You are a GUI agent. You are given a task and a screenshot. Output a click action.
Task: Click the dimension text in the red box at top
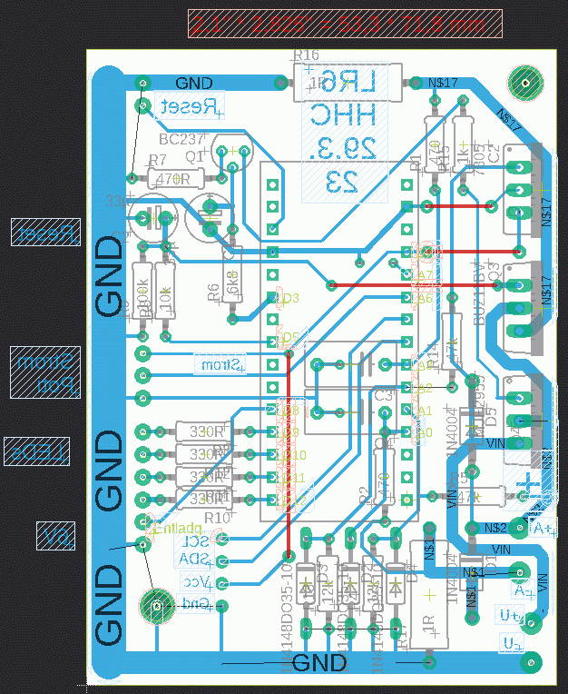point(345,23)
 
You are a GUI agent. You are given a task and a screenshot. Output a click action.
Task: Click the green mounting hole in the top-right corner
point(524,84)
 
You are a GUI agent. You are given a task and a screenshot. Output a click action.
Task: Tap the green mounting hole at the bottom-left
point(157,605)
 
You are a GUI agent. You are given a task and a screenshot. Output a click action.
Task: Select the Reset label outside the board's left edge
point(45,233)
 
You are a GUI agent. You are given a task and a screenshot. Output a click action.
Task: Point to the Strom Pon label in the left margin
point(45,372)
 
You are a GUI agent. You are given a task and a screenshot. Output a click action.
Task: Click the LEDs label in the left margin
point(37,451)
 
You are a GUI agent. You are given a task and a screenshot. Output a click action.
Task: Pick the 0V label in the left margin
point(55,536)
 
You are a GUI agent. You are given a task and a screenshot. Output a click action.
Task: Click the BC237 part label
point(181,139)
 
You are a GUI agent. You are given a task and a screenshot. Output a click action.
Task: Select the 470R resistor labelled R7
point(172,179)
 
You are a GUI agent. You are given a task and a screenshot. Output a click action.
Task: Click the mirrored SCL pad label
point(194,541)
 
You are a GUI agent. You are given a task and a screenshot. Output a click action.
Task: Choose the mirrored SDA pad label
point(194,559)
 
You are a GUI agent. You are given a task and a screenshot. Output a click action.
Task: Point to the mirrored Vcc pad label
point(197,581)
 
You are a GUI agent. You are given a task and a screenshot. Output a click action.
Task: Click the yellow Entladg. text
point(178,528)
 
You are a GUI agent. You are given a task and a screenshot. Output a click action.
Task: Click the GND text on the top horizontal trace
point(194,84)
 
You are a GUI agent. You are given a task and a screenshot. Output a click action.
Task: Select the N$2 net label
point(495,527)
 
